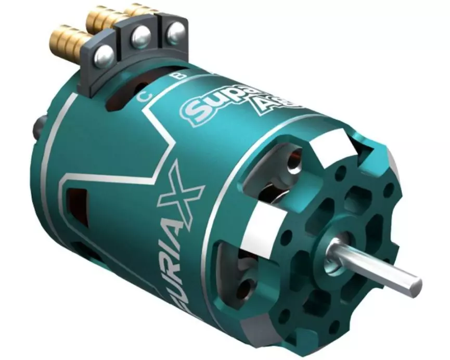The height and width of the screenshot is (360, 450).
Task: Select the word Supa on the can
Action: (208, 104)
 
